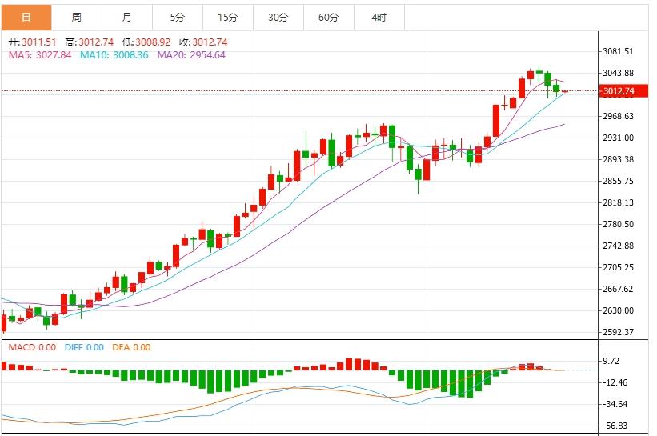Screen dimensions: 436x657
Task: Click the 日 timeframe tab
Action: point(26,17)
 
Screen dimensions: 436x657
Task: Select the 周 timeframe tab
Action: point(76,17)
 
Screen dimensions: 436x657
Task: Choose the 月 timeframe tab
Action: point(127,17)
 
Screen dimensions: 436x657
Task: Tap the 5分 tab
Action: point(177,17)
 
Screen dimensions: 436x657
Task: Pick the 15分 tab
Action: point(228,17)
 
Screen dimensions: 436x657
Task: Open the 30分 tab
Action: point(278,17)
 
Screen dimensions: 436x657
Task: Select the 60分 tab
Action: point(329,17)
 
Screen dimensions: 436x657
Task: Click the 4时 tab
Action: point(379,17)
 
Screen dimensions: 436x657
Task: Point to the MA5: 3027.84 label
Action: point(40,55)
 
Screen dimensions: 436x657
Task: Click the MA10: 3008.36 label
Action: point(114,55)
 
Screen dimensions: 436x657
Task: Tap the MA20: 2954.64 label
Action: point(191,55)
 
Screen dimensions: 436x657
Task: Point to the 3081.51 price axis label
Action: point(619,51)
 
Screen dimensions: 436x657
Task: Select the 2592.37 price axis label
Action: point(619,332)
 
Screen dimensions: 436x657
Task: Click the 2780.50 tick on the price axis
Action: point(619,224)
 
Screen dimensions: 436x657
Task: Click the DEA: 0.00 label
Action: point(130,347)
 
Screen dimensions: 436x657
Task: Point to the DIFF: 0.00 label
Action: point(84,347)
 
